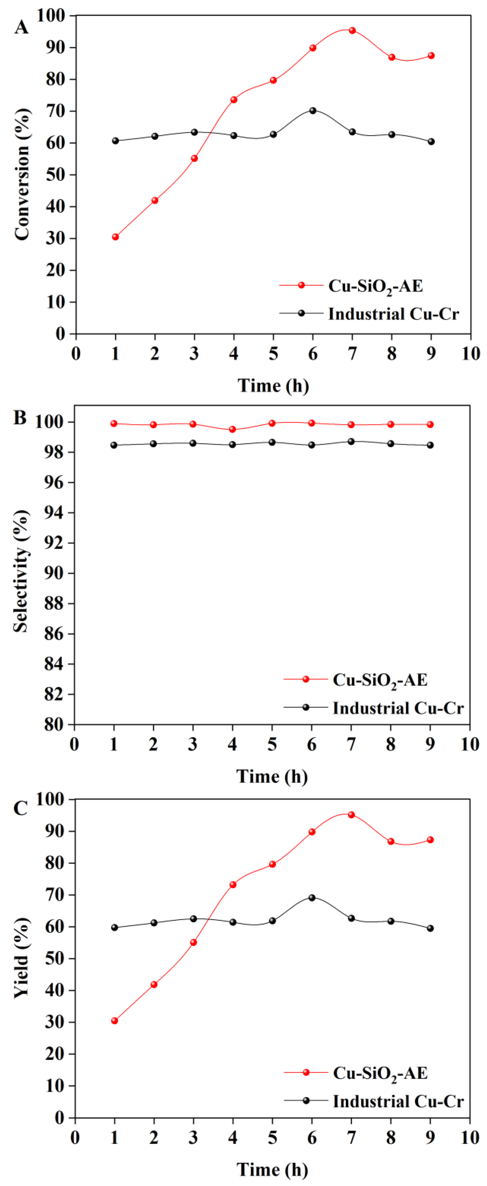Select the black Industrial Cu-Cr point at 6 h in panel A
pos(313,111)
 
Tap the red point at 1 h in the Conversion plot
pos(115,237)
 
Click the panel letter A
pos(21,28)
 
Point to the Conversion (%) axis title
pos(21,174)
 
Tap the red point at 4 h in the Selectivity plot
pos(233,430)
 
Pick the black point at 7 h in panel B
pos(351,442)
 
